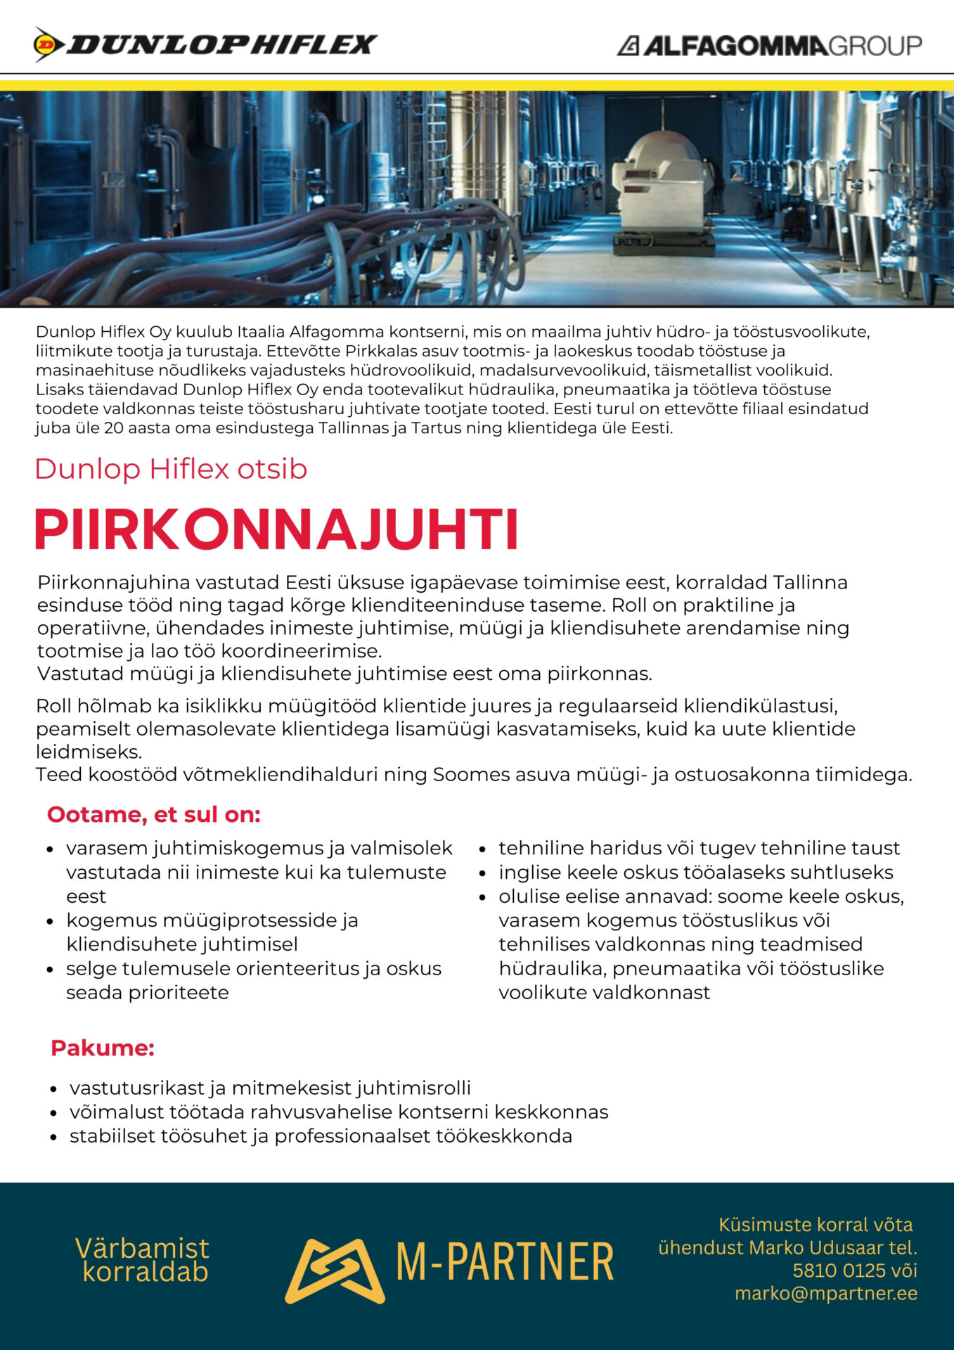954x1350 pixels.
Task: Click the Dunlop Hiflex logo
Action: pos(205,45)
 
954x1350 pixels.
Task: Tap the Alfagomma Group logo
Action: pos(769,46)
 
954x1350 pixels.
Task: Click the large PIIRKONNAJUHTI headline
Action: pos(277,529)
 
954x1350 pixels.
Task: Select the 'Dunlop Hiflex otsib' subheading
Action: pos(171,469)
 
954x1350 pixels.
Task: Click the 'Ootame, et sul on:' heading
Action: pos(154,814)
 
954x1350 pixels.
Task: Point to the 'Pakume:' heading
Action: pos(103,1048)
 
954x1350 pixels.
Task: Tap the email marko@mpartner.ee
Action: pos(826,1293)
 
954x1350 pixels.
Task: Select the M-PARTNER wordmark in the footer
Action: pos(505,1262)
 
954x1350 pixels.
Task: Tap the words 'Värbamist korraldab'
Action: pos(143,1259)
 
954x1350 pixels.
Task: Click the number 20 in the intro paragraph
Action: pos(113,428)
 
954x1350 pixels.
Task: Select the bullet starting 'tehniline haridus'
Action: pos(699,848)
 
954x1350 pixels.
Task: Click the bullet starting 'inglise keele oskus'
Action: pos(695,872)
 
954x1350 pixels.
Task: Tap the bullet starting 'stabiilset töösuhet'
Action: pos(321,1136)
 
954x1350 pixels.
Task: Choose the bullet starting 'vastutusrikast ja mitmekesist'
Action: pos(270,1088)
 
